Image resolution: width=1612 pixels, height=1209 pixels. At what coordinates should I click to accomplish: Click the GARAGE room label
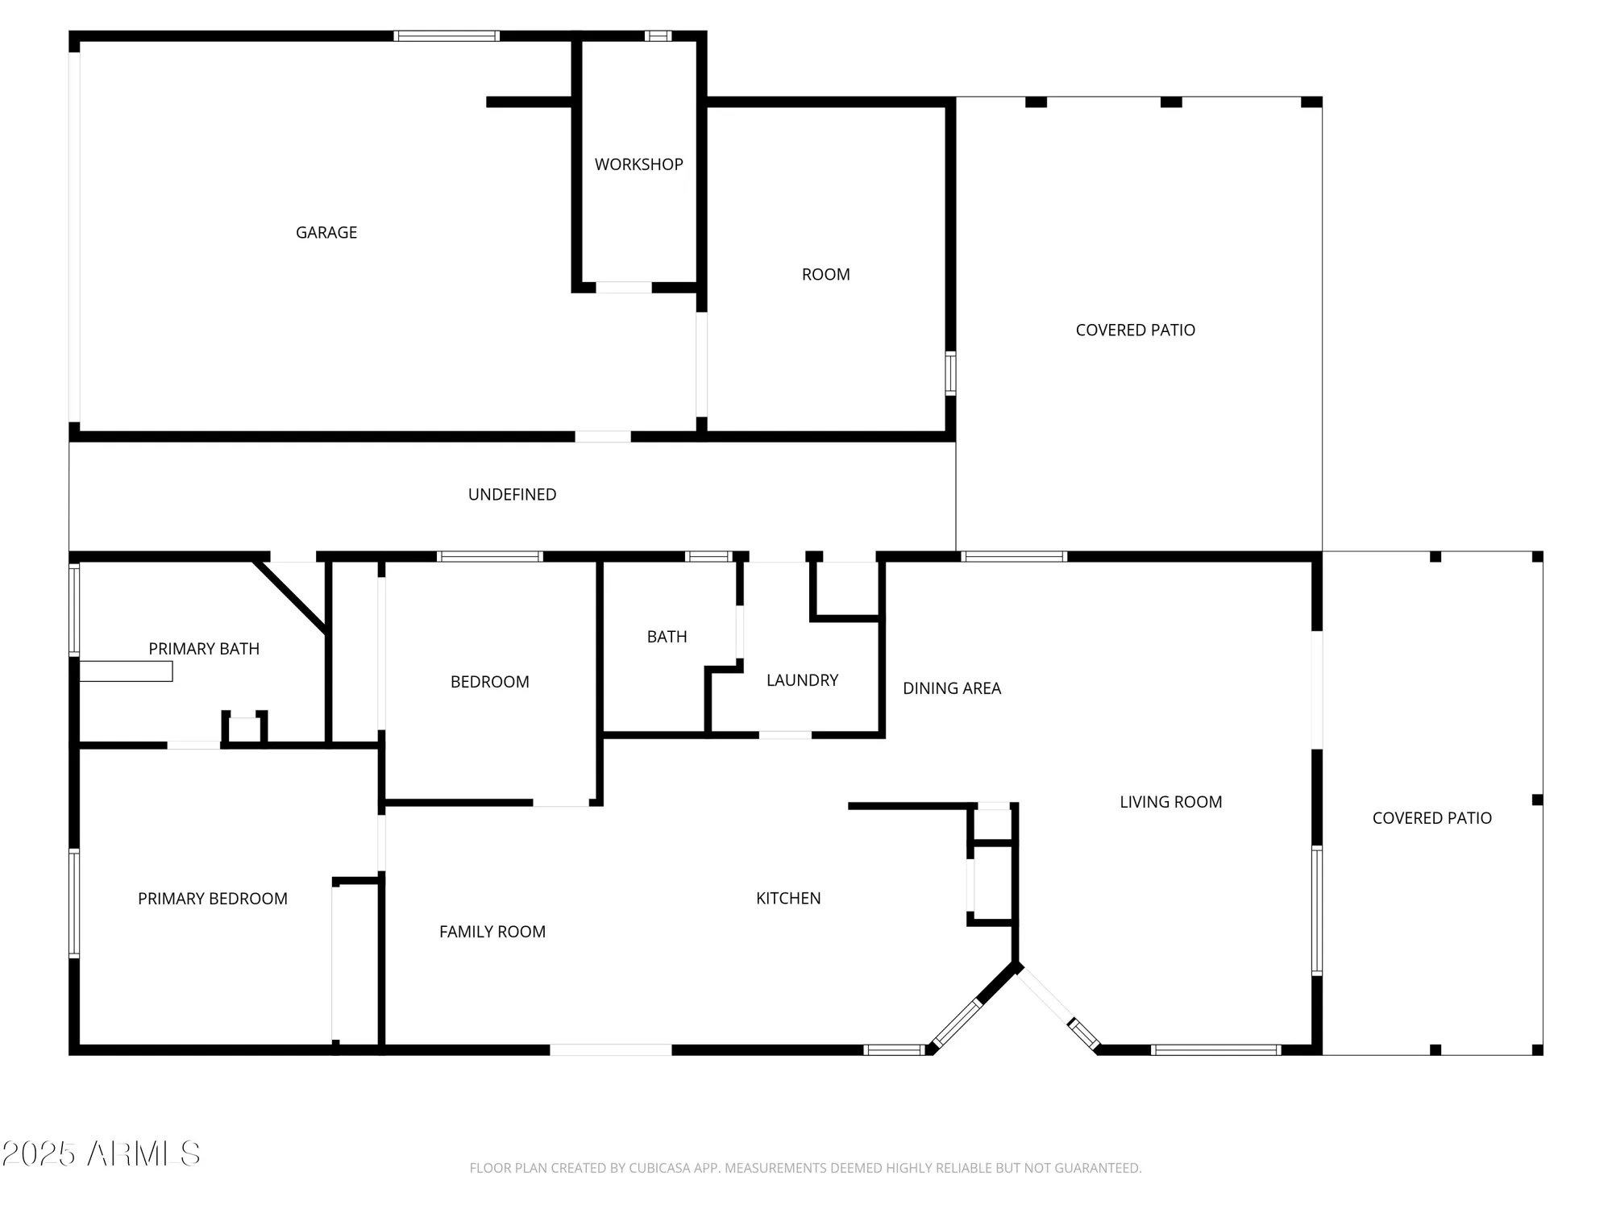click(x=326, y=233)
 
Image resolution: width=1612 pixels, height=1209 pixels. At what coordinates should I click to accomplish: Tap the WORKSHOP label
click(x=638, y=164)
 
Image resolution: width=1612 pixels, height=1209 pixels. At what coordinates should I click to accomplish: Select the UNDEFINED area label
click(x=512, y=495)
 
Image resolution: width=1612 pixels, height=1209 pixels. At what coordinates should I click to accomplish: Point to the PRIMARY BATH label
click(x=204, y=649)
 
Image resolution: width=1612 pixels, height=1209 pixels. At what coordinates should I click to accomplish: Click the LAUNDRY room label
click(x=802, y=680)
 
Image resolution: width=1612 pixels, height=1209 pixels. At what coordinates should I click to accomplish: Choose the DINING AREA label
click(x=951, y=688)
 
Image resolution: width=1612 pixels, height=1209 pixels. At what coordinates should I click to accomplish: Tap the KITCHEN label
click(x=787, y=899)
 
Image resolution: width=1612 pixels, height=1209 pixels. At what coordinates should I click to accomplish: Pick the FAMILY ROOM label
click(x=492, y=933)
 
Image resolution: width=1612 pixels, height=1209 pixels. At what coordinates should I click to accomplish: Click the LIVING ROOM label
click(x=1170, y=802)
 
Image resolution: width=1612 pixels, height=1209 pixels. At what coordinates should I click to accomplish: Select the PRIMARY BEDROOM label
click(x=212, y=899)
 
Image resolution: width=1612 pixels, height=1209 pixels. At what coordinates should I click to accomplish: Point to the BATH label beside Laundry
click(x=667, y=637)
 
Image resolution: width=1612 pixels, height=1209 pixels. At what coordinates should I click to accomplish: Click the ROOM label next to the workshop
click(x=825, y=275)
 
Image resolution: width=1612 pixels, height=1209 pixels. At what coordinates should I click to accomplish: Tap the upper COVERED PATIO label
click(x=1135, y=330)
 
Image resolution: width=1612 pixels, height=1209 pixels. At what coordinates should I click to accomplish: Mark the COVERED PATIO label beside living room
click(x=1431, y=818)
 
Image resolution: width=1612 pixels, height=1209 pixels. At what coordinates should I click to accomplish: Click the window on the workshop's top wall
click(x=658, y=36)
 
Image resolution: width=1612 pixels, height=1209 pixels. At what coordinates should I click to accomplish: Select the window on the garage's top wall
click(x=446, y=36)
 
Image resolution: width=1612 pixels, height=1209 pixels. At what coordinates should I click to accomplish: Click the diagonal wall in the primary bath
click(x=290, y=596)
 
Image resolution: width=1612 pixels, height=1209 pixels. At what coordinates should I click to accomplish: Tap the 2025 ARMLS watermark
click(x=101, y=1154)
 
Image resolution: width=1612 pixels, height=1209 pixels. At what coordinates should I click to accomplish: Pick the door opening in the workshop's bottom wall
click(x=623, y=288)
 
